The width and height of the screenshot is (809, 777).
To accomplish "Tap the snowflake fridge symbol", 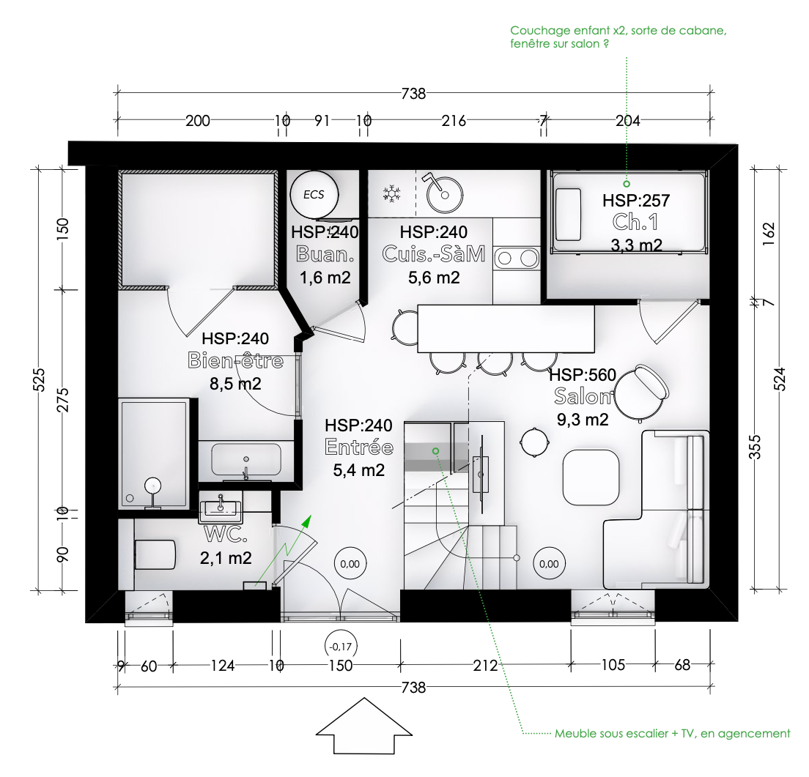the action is (x=391, y=194).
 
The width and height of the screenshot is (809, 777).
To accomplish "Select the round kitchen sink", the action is (x=445, y=195).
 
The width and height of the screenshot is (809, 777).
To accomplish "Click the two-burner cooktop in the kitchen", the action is (x=517, y=259).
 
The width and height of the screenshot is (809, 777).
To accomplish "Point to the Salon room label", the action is (x=583, y=396).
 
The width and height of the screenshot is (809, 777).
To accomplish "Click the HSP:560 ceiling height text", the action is (x=583, y=375).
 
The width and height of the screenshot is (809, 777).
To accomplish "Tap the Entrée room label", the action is (x=359, y=447).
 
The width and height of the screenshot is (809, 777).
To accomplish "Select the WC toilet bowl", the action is (x=155, y=554).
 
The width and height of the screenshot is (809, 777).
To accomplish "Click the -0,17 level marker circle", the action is (x=341, y=647).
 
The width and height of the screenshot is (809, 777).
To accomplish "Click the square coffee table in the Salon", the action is (x=591, y=477).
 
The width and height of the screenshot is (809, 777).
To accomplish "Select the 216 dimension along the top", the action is (x=454, y=121).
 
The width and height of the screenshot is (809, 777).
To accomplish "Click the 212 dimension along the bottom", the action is (x=486, y=666).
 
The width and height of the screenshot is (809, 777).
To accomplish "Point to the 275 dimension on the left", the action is (x=62, y=400).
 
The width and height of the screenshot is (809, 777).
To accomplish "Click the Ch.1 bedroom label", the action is (x=635, y=222).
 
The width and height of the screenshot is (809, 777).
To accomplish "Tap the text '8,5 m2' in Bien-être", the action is (x=235, y=384).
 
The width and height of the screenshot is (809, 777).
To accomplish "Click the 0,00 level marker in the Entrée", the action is (x=350, y=564).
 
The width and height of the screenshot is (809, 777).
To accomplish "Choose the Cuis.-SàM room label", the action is (x=434, y=254).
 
